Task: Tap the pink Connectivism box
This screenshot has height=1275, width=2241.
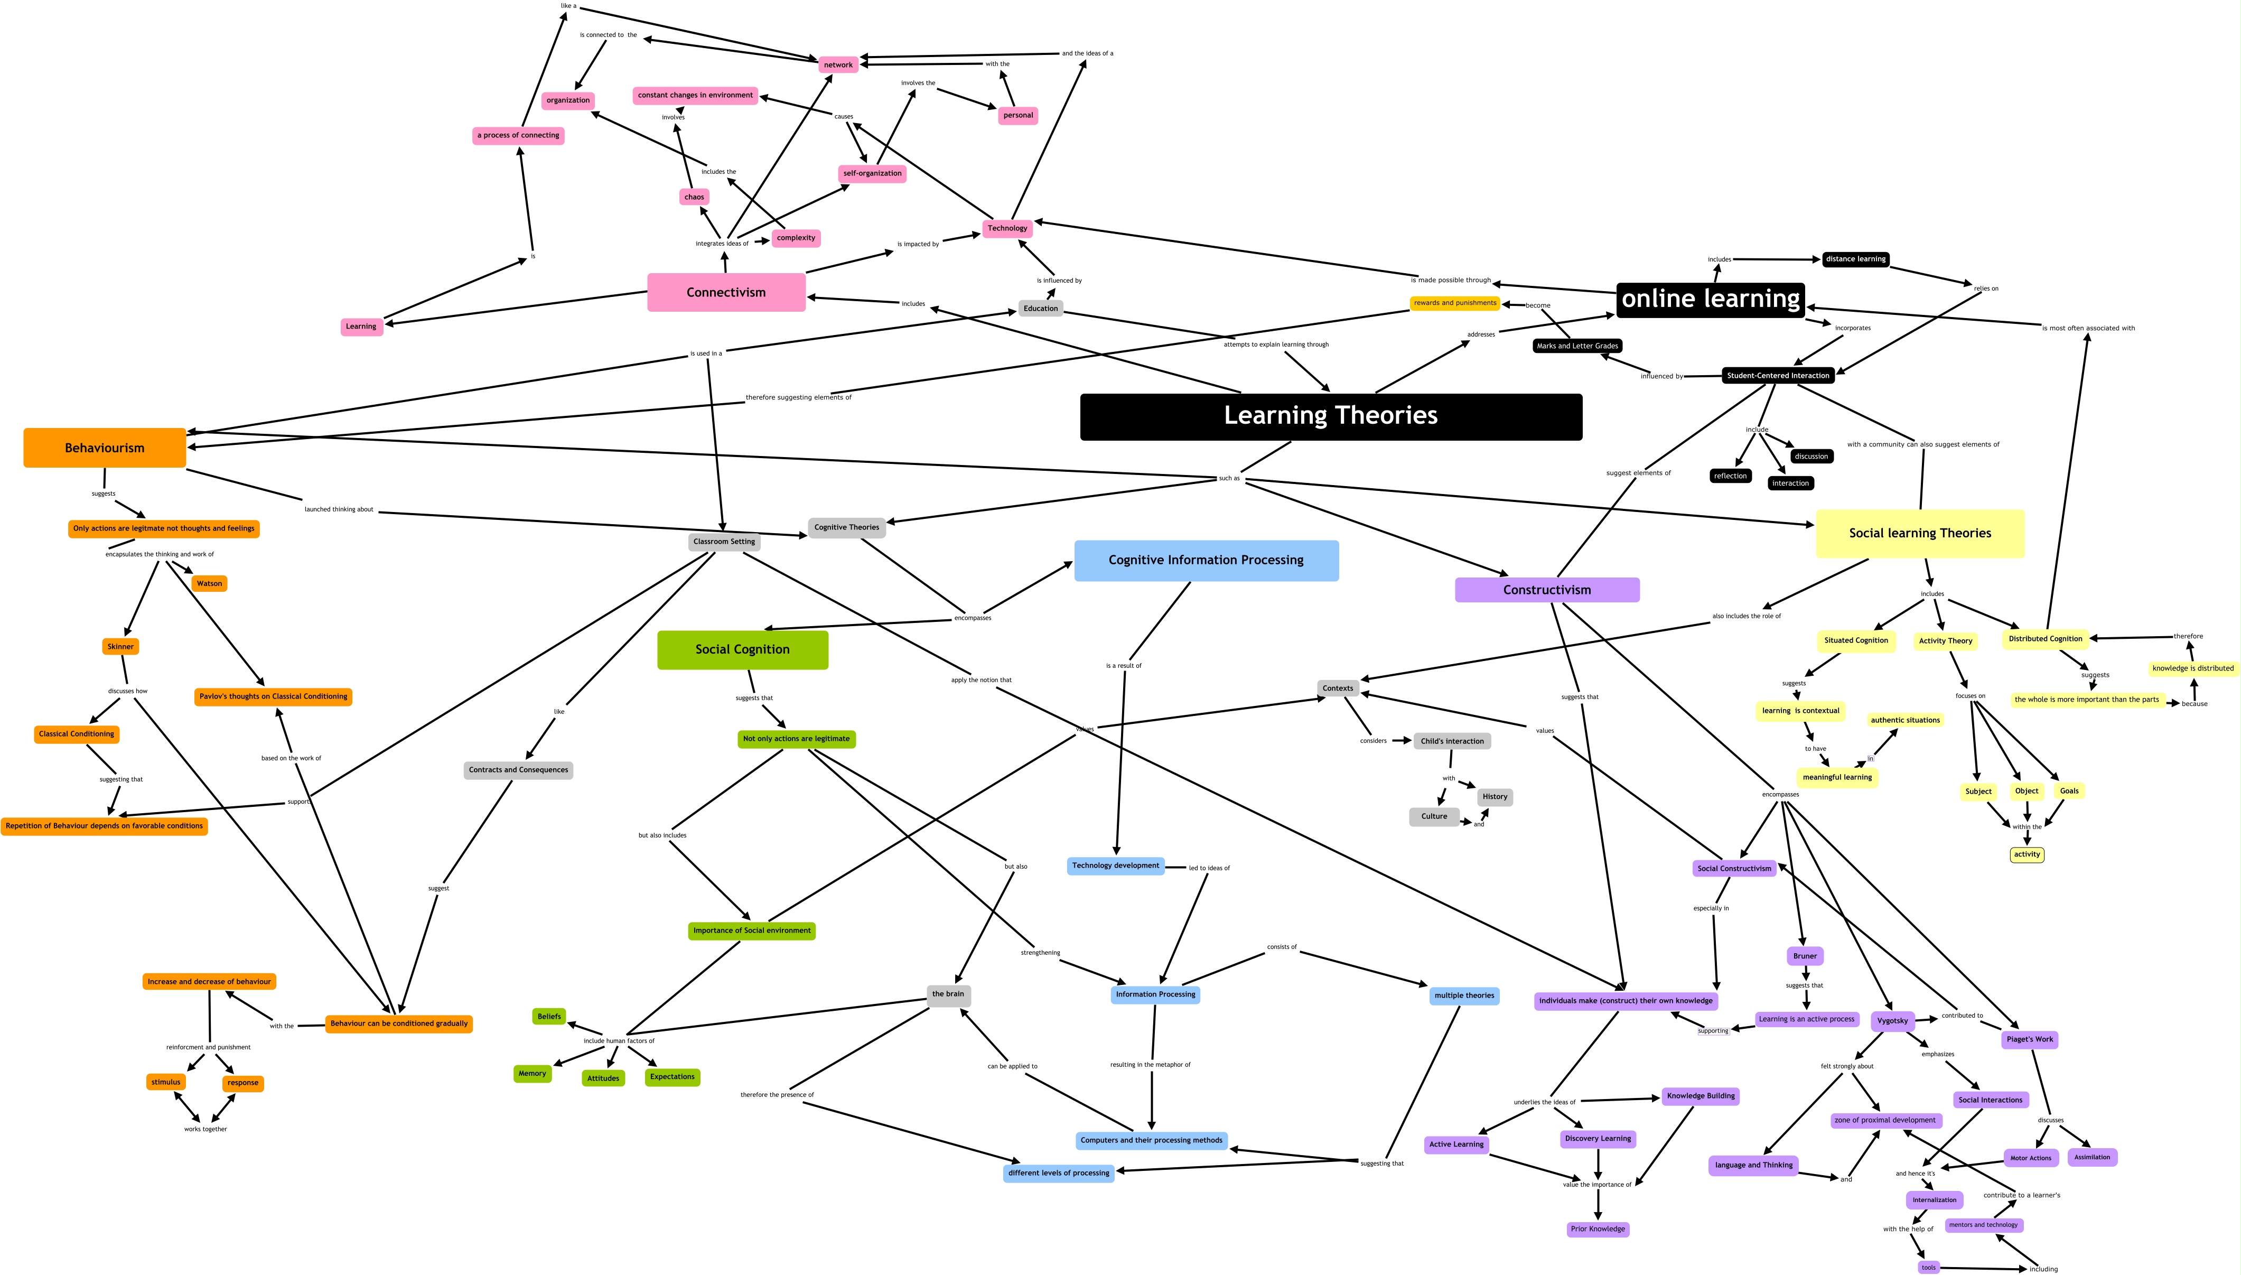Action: pos(726,293)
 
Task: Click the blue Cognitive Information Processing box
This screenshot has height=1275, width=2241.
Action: pos(1206,561)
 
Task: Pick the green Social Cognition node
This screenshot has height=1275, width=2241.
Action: pos(742,650)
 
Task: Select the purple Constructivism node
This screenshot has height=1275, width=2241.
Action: pos(1547,590)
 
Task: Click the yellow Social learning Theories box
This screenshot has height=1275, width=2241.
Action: pos(1920,533)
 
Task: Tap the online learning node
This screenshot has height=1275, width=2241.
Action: pos(1711,300)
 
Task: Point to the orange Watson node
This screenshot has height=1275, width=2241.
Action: pos(209,583)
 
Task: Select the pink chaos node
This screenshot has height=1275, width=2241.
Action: pos(694,197)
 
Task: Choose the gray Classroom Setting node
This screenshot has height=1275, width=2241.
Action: pos(724,542)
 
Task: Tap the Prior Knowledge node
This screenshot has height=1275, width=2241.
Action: pos(1598,1230)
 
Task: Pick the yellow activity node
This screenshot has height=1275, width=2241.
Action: pos(2027,855)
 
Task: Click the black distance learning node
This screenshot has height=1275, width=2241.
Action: pos(1855,259)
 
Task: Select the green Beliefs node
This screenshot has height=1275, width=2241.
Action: pos(549,1017)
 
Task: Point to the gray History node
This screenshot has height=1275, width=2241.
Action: pos(1495,797)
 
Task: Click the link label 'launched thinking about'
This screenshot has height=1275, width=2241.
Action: pos(339,510)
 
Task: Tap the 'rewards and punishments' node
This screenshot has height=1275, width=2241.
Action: pos(1455,303)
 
